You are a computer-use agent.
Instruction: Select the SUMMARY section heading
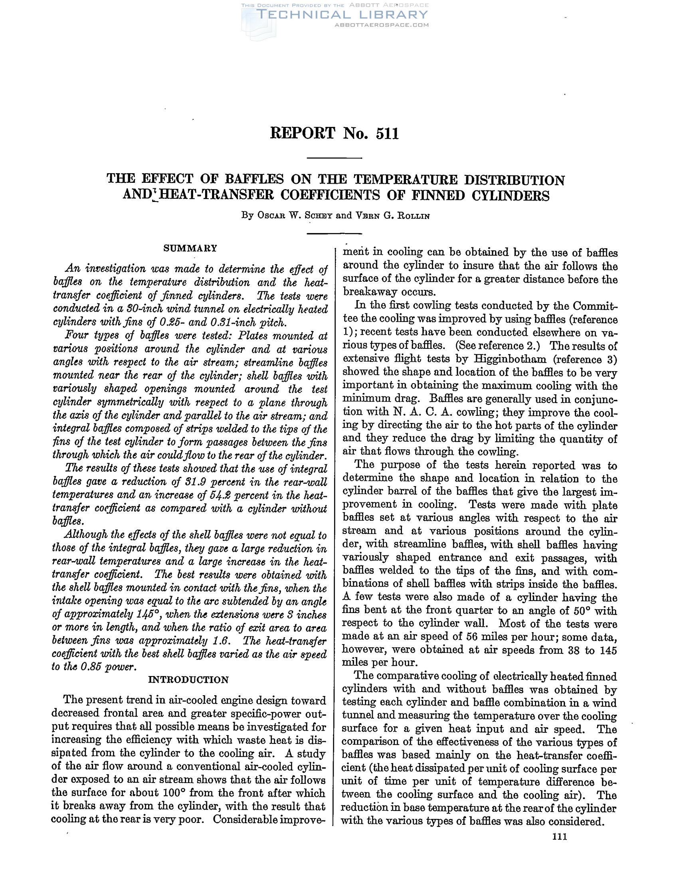(x=190, y=248)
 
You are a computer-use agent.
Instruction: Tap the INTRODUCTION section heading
(x=188, y=680)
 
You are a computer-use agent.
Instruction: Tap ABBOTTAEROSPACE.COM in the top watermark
(x=382, y=25)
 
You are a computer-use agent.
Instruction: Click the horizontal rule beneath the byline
(x=335, y=233)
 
